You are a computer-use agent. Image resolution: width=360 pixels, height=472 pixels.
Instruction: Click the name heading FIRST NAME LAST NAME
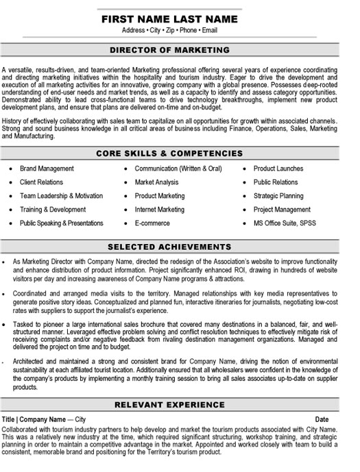tap(179, 18)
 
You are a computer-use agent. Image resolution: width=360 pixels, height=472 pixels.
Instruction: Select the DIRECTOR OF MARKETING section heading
tap(179, 50)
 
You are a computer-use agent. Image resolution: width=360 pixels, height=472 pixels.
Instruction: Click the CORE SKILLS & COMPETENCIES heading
tap(179, 153)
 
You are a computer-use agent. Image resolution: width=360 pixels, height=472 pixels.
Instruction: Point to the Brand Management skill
tap(47, 169)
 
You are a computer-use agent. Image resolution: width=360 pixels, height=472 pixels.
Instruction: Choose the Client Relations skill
tap(41, 182)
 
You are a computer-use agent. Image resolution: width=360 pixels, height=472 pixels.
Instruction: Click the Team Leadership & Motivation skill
tap(61, 196)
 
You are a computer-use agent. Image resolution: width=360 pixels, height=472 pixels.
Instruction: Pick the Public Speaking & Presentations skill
tap(62, 223)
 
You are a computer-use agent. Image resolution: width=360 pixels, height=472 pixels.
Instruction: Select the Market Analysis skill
tap(157, 182)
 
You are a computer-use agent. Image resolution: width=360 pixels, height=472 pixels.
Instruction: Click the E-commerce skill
tap(152, 223)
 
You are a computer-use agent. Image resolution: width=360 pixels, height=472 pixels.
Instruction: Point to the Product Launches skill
tap(278, 169)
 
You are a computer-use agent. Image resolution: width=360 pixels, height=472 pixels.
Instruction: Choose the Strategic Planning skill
tap(278, 196)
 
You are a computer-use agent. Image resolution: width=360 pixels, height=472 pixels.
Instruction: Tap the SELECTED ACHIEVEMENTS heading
tap(179, 246)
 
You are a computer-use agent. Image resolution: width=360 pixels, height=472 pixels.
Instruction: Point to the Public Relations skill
tap(276, 182)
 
